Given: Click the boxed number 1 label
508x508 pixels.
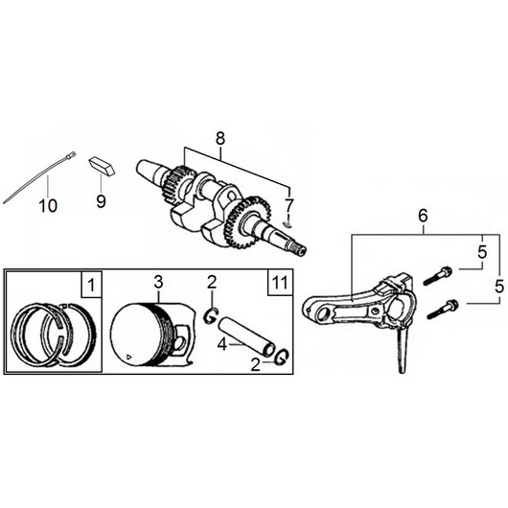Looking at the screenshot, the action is point(92,285).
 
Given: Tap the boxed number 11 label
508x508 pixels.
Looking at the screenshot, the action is point(280,283).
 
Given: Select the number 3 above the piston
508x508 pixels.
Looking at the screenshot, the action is point(158,282).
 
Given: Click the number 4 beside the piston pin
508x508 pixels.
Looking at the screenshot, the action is point(222,344).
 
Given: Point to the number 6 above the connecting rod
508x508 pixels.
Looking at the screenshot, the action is point(423,216).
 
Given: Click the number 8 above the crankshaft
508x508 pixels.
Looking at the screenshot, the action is point(220,139).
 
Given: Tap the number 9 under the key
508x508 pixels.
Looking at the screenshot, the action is point(101,201).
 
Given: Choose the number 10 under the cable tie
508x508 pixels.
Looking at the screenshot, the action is point(48,205).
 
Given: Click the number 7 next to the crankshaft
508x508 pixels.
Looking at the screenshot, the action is point(289,204).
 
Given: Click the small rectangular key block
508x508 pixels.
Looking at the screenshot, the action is point(102,166).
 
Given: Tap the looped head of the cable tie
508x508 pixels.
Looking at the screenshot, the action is point(71,155).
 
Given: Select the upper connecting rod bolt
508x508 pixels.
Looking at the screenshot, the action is point(437,275).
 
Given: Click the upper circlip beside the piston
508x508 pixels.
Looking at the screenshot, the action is point(211,316).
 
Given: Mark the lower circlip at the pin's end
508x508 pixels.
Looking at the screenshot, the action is point(281,357).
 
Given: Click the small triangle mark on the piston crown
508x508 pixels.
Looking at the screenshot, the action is point(129,357).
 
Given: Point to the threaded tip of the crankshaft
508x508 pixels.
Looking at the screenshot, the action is point(299,250).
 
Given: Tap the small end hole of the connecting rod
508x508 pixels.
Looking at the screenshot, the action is point(324,313).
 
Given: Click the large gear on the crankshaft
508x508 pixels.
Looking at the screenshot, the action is point(248,222).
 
